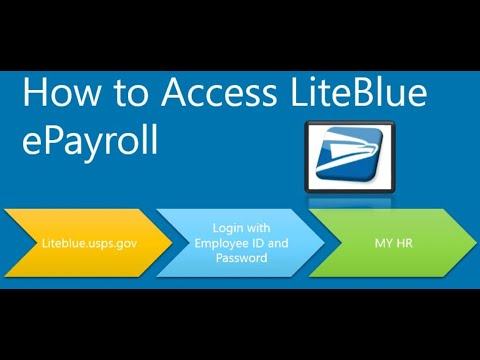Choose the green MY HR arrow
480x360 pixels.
(390, 243)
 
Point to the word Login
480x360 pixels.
(228, 228)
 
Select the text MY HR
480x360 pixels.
(390, 243)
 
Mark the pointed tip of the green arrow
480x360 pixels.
(473, 243)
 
